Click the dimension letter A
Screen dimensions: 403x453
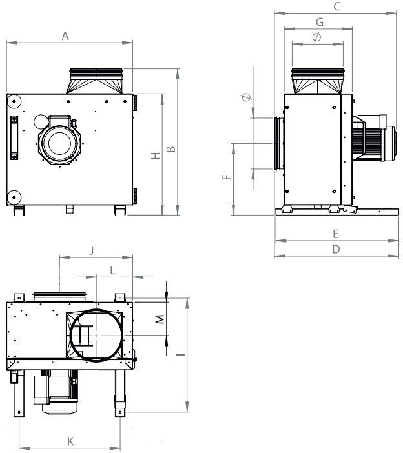coord(65,36)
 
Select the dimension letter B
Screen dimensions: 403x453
coord(171,149)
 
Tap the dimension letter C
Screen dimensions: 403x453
coord(337,6)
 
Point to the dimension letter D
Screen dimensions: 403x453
coord(336,249)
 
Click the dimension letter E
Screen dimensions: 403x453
coord(336,234)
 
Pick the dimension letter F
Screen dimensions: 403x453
coord(227,177)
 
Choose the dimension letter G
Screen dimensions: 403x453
coord(320,22)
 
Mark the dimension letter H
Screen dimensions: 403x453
coord(156,156)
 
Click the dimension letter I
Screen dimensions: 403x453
coord(181,354)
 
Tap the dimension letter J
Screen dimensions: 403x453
coord(92,250)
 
